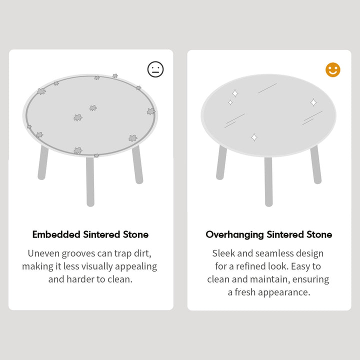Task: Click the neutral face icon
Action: point(155,69)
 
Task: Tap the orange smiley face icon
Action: point(333,70)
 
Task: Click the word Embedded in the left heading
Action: point(54,234)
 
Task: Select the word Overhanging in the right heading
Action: point(234,234)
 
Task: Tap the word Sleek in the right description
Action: point(225,253)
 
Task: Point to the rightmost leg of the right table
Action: point(315,164)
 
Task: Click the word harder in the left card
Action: point(84,279)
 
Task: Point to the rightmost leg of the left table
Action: point(137,164)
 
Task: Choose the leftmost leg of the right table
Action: point(221,163)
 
